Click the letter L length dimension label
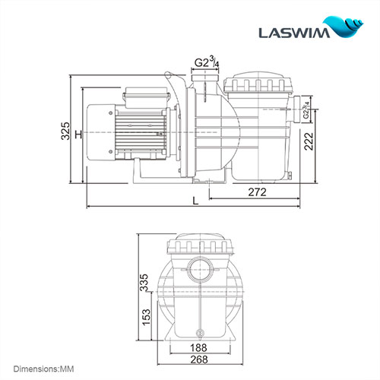tap(197, 199)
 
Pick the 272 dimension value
tap(258, 192)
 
